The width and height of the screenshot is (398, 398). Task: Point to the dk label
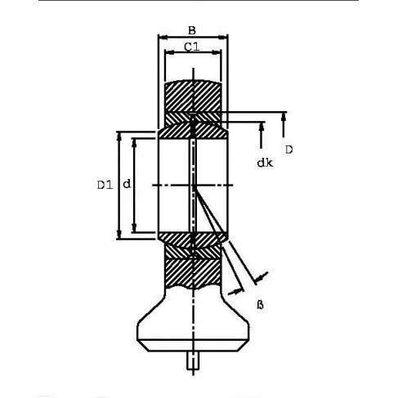point(264,163)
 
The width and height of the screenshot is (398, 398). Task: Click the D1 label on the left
point(103,186)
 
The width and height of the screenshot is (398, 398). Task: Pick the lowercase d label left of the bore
point(127,186)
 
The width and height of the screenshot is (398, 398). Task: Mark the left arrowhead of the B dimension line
point(162,37)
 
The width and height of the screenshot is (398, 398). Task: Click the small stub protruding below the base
point(193,360)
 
